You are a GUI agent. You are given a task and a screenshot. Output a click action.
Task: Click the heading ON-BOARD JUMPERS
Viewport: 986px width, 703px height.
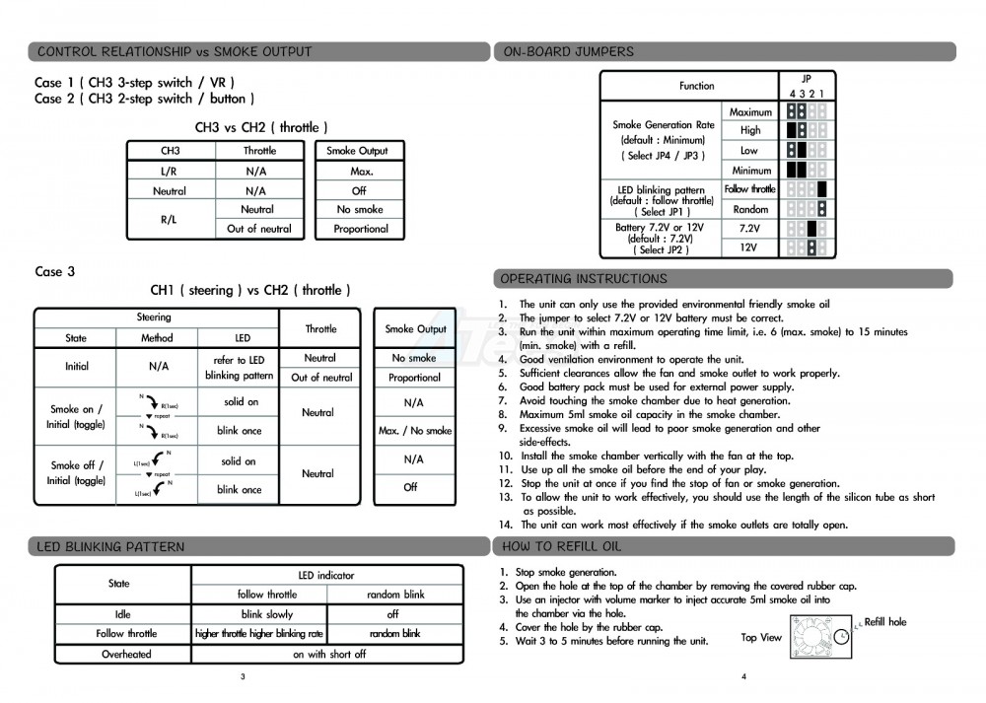coord(568,51)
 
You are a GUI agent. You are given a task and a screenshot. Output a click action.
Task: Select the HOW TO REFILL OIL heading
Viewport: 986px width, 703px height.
coord(562,546)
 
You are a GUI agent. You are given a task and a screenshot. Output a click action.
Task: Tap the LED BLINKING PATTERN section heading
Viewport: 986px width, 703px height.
coord(110,546)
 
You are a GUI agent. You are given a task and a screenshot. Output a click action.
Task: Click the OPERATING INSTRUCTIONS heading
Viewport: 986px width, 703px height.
coord(584,279)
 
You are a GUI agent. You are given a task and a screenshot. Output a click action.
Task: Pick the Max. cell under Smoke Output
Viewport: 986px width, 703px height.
coord(361,172)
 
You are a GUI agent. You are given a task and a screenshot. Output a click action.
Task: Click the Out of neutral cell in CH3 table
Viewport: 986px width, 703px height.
coord(259,229)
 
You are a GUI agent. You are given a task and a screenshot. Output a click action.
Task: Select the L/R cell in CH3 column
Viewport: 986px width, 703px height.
coord(170,172)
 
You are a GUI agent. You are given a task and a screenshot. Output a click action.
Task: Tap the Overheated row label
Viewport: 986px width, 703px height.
coord(126,654)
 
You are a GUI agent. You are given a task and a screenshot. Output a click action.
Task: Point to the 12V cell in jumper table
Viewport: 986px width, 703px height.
coord(749,248)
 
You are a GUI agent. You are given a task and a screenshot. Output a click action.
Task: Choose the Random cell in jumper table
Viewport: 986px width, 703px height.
coord(749,209)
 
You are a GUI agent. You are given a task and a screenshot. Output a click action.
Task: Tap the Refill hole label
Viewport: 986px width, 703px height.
coord(884,622)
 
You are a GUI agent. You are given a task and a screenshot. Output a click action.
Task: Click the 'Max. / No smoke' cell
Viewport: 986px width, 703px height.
coord(414,431)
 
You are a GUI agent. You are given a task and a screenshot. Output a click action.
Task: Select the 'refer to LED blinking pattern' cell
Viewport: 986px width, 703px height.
coord(239,368)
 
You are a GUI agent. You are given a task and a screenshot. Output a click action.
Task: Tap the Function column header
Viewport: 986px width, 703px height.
coord(696,86)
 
